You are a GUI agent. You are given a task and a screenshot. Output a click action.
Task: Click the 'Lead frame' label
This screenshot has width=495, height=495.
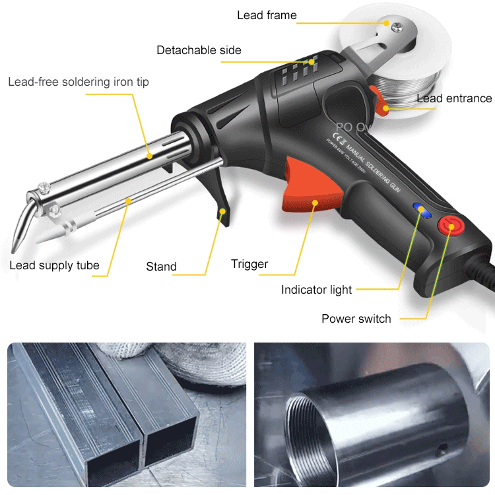pos(267,15)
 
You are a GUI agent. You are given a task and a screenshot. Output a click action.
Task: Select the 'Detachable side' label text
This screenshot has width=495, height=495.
pos(199,50)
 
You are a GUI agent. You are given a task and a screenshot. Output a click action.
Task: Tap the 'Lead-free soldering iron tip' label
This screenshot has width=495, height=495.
pos(79,82)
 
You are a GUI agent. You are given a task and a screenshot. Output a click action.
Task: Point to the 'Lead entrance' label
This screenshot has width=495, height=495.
pos(454,98)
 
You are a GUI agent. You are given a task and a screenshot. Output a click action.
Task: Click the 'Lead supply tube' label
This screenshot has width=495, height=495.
pos(54,266)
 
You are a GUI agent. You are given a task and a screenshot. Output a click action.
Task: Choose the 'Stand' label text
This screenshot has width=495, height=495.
pos(161,267)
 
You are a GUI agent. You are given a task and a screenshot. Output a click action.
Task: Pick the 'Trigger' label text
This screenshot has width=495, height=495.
pos(249,264)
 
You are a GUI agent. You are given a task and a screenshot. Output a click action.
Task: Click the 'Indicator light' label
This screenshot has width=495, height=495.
pos(316,290)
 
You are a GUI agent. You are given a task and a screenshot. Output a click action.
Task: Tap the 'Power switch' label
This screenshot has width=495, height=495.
pos(356,319)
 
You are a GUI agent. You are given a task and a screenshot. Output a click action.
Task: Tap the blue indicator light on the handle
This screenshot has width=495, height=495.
pos(420,210)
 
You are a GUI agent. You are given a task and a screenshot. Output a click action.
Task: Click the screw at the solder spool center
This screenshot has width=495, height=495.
pos(397,27)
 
